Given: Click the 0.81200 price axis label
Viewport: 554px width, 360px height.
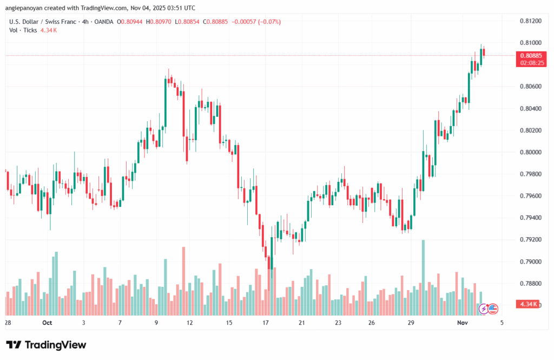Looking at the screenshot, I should click(x=530, y=21).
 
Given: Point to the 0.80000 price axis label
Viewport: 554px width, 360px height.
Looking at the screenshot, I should click(x=530, y=152).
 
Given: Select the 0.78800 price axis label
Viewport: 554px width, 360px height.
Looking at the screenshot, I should click(x=530, y=283).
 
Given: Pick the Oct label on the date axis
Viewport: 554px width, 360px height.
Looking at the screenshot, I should click(x=47, y=323).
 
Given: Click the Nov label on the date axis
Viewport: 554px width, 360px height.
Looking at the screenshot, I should click(x=461, y=323).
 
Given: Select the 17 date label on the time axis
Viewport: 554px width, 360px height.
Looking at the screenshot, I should click(x=266, y=323).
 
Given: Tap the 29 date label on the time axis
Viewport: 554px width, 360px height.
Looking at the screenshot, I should click(x=411, y=323).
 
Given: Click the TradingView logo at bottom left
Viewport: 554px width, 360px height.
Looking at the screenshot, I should click(x=46, y=345).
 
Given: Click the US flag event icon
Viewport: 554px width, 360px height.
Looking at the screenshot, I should click(x=493, y=309).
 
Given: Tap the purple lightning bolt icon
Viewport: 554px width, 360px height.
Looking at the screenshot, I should click(x=483, y=309).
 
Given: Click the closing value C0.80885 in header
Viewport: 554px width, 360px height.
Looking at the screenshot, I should click(x=212, y=22).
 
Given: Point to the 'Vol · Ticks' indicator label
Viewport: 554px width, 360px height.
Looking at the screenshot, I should click(x=23, y=30).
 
